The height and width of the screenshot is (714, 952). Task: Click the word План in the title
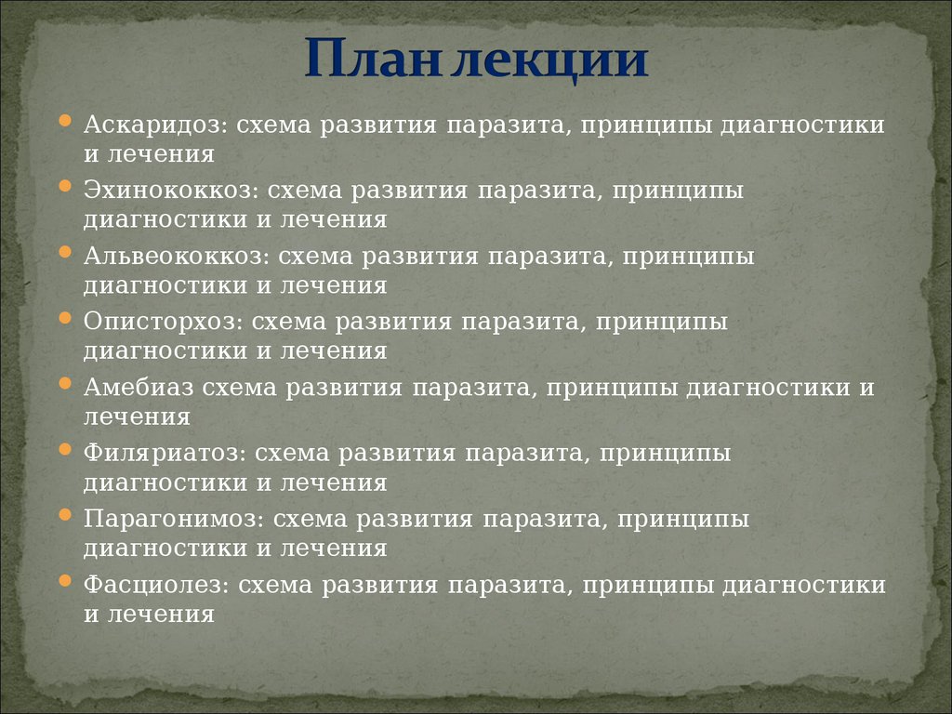coord(372,59)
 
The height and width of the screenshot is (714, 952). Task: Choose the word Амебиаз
coord(139,388)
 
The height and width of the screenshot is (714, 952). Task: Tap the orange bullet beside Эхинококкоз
coord(65,186)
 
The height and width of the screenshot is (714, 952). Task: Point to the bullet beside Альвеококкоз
coord(65,251)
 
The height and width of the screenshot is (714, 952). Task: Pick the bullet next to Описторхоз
coord(65,318)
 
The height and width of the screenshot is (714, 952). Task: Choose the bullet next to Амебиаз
coord(65,383)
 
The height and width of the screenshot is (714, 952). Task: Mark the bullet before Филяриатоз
coord(65,449)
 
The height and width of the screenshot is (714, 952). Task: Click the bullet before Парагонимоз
coord(65,515)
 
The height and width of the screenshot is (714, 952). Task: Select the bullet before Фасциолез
coord(65,581)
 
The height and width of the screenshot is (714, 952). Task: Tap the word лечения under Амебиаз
coord(138,417)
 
